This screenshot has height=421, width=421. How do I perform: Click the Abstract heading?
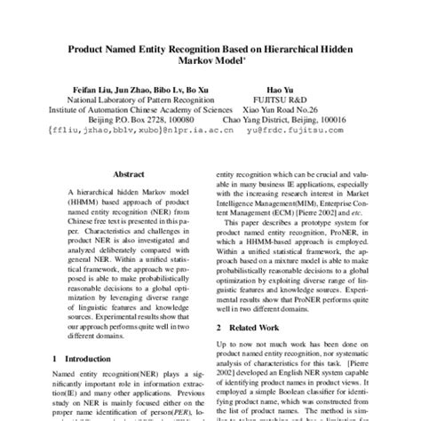124,176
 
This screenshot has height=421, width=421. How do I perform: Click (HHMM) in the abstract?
72,212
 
